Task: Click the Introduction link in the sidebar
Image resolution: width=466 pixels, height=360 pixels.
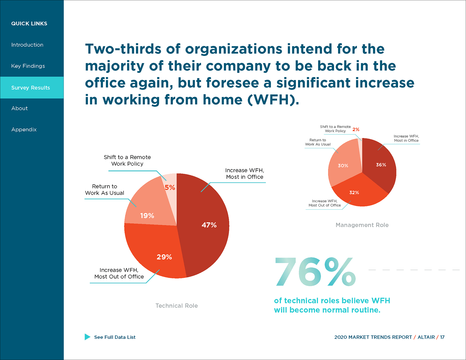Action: (x=27, y=45)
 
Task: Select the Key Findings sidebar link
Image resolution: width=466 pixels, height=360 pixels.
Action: (x=28, y=66)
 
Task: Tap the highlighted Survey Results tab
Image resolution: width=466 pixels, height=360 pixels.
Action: (x=31, y=88)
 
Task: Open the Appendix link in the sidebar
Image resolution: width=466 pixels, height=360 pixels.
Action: (x=24, y=129)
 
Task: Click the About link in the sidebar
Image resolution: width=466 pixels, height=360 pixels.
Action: (x=20, y=108)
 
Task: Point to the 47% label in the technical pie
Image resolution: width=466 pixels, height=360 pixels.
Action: (x=209, y=225)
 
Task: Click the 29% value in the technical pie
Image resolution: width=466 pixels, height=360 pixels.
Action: (x=164, y=257)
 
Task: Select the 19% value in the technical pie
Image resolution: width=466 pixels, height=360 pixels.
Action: (x=147, y=216)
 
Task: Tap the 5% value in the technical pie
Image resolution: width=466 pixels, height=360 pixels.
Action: (x=170, y=187)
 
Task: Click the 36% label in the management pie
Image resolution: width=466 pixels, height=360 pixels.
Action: (x=381, y=165)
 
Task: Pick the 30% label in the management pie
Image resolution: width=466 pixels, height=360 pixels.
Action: (x=343, y=166)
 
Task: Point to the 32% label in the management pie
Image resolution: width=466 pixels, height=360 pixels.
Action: (x=354, y=193)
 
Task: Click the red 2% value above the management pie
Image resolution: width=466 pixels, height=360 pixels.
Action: (x=356, y=129)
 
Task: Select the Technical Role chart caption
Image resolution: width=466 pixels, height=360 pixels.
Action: (x=177, y=306)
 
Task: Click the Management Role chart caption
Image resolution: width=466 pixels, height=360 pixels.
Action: (x=362, y=225)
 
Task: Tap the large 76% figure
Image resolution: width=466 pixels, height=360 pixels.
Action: (x=315, y=272)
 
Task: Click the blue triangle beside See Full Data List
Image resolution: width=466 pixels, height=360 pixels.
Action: (x=87, y=337)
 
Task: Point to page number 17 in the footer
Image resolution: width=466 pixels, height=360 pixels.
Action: (x=442, y=337)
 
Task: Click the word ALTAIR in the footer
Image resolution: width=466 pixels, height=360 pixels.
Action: (x=426, y=337)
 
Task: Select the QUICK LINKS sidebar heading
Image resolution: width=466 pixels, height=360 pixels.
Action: (x=29, y=24)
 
